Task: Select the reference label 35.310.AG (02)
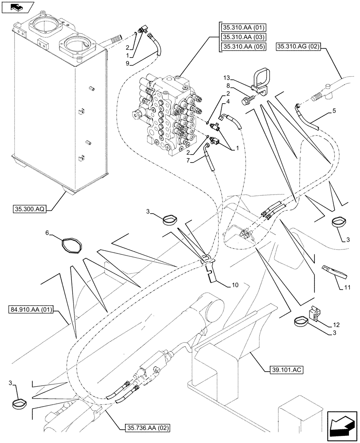coord(301,46)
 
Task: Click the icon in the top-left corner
coord(18,8)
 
